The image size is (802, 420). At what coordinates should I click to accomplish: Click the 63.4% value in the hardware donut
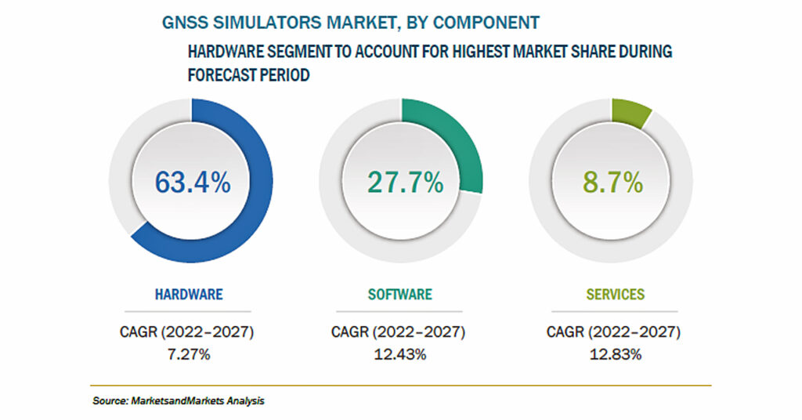pos(193,182)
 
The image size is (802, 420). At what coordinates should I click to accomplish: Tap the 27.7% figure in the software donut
pos(406,182)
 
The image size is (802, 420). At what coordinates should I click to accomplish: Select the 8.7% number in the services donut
pos(612,182)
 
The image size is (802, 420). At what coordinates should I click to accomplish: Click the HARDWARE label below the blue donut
pos(189,294)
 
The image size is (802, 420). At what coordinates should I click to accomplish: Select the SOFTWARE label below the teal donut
pos(400,294)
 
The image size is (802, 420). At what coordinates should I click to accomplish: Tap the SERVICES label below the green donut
pos(616,294)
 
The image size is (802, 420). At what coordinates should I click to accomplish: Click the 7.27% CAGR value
pos(189,354)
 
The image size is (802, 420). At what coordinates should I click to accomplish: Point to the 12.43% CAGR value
pos(400,354)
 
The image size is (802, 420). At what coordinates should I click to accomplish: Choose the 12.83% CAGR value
pos(616,354)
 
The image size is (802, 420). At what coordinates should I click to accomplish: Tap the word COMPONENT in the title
pos(486,23)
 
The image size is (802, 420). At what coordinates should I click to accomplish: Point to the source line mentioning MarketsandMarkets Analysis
pos(179,400)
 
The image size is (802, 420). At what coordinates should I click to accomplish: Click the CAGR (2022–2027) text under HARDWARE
pos(186,332)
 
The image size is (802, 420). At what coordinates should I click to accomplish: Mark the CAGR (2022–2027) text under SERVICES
pos(613,332)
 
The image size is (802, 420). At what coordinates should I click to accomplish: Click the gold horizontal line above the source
pos(400,386)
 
